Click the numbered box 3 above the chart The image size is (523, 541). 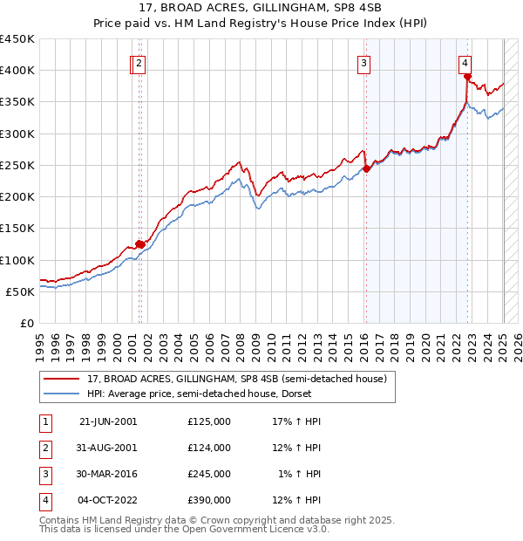pos(363,62)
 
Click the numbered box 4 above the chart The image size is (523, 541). pos(466,62)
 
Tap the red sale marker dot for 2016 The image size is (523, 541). pos(366,169)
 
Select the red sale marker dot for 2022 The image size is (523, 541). pos(468,77)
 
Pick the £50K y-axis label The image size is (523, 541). pos(20,291)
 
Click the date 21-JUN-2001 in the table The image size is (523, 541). pos(108,421)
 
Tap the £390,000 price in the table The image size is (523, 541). pos(209,500)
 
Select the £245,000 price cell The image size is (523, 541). pos(209,474)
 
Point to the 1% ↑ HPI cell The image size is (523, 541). pos(300,474)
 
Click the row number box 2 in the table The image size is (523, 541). pos(44,448)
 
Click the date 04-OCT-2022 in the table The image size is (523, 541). pos(108,500)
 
